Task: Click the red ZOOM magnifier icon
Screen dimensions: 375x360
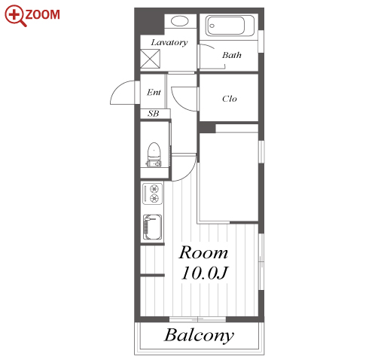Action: point(14,14)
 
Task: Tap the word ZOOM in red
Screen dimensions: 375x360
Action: point(43,14)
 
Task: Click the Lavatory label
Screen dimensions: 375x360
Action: point(169,43)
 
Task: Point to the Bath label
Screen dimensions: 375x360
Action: point(232,55)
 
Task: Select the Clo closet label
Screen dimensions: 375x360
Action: point(230,99)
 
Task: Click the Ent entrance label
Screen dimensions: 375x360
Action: point(154,92)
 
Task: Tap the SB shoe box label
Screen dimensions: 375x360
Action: point(154,114)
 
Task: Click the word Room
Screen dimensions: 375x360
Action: point(203,252)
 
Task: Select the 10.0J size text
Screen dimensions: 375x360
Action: point(204,273)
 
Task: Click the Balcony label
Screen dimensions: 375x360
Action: point(199,335)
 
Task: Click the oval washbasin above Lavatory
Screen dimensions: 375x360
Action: point(180,21)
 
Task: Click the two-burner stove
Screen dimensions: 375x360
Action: point(152,194)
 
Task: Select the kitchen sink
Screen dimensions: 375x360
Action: point(152,227)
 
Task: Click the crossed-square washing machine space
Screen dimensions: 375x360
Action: point(150,59)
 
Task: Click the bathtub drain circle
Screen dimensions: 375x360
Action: point(212,26)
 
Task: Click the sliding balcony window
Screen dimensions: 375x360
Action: point(197,319)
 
